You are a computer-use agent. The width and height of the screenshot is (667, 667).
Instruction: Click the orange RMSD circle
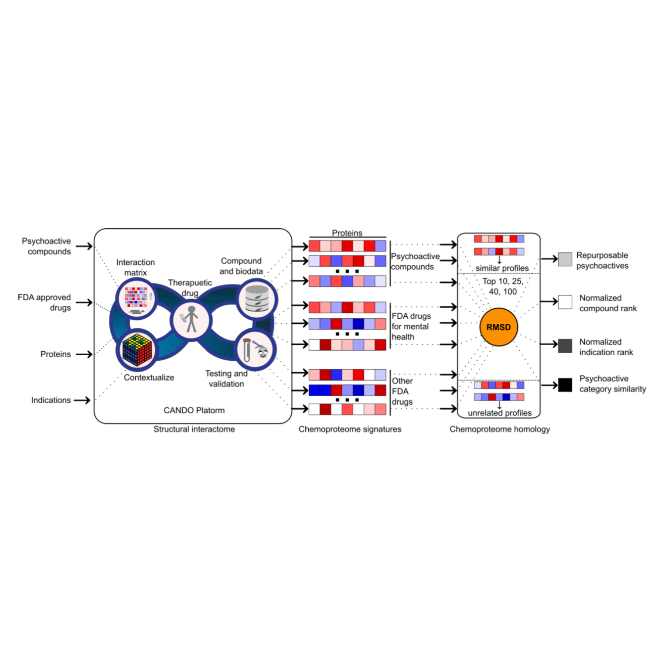[x=498, y=327]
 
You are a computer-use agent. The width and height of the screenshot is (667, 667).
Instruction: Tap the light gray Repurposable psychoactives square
[x=565, y=259]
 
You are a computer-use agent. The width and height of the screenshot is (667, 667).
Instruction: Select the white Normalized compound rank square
[x=565, y=302]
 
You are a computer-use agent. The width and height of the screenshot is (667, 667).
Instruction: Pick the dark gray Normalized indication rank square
[x=565, y=346]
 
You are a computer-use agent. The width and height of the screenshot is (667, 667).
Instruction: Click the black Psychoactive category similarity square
[x=565, y=385]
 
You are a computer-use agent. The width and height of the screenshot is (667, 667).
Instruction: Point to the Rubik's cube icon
[x=137, y=350]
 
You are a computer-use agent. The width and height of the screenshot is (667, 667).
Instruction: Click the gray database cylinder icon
[x=257, y=298]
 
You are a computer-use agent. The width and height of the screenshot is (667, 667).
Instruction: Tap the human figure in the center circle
[x=191, y=319]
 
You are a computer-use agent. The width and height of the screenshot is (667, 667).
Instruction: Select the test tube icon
[x=247, y=350]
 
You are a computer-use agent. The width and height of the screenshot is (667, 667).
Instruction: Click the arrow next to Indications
[x=82, y=400]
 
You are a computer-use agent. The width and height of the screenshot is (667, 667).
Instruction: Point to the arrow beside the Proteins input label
[x=84, y=354]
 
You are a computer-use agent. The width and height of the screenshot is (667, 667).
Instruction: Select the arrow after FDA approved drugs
[x=84, y=302]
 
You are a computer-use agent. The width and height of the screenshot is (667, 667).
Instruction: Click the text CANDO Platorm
[x=194, y=410]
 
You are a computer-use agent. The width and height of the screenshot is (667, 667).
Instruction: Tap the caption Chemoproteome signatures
[x=350, y=429]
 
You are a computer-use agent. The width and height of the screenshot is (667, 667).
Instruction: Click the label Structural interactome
[x=194, y=429]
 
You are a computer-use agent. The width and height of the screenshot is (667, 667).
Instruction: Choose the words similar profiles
[x=502, y=268]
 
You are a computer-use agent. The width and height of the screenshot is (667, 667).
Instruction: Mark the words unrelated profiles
[x=499, y=413]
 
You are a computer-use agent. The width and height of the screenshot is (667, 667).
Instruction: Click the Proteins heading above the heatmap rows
[x=347, y=233]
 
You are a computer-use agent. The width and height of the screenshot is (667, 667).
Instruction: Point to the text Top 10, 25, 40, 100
[x=502, y=286]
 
